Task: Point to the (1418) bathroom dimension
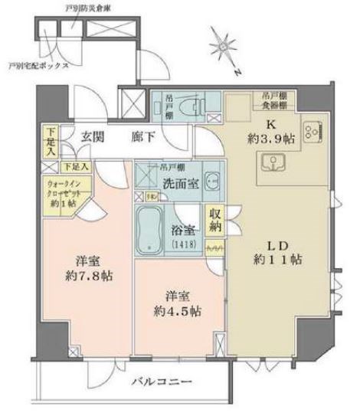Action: (183, 244)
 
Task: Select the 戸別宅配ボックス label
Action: (38, 67)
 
